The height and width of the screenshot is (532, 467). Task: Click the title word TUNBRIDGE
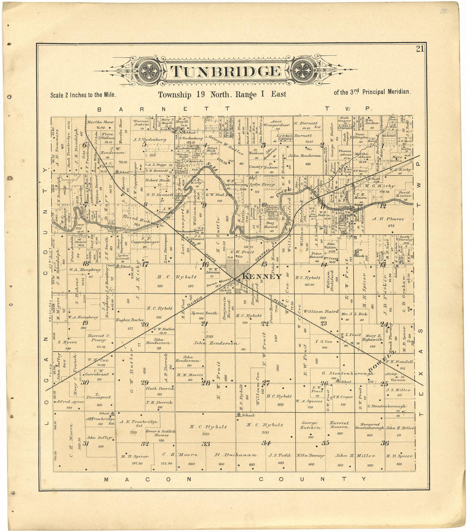point(226,71)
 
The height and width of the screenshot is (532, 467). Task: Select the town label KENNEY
point(262,277)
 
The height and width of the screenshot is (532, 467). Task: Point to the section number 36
point(385,443)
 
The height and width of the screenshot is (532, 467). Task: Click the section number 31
point(85,443)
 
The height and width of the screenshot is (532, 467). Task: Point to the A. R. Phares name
point(388,219)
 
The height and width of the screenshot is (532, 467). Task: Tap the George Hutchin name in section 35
point(309,425)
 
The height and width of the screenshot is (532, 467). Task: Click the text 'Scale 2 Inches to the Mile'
point(83,95)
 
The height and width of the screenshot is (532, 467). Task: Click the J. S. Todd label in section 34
point(279,455)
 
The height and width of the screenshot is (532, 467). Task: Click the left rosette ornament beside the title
point(150,70)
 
